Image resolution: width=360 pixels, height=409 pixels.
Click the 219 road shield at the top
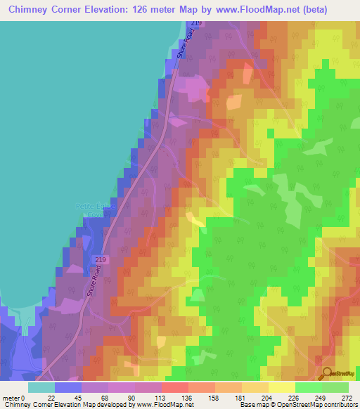pos(195,25)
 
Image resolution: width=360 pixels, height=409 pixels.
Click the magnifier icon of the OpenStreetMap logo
pos(326,373)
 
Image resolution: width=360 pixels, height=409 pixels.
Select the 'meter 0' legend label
pos(14,397)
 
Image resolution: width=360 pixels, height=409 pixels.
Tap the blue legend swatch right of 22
pos(68,387)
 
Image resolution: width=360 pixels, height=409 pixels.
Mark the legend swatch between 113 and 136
pos(174,387)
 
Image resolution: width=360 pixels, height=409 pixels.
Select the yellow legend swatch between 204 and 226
pos(281,387)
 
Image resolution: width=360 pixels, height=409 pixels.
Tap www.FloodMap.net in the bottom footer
pos(164,405)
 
